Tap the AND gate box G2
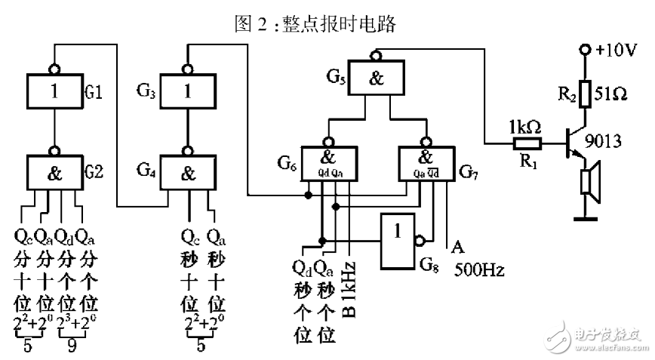(x=54, y=172)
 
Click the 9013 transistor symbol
(x=577, y=146)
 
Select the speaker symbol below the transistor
(x=587, y=183)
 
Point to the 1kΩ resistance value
(x=526, y=125)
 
